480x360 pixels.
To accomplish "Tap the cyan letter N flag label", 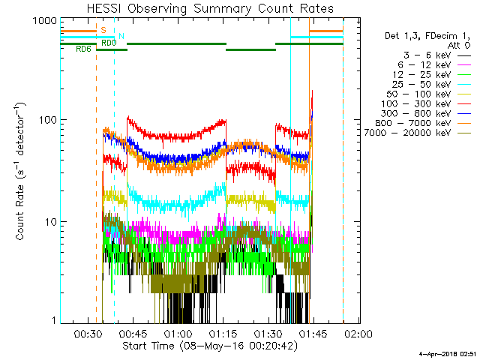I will (121, 36).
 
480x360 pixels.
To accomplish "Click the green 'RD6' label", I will (84, 49).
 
